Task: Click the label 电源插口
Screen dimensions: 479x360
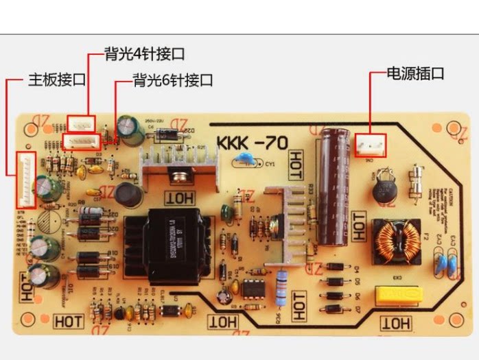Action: coord(415,73)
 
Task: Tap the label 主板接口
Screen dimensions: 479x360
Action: coord(57,80)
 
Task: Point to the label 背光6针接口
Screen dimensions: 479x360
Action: coord(173,80)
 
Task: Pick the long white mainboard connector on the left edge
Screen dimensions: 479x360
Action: coord(25,180)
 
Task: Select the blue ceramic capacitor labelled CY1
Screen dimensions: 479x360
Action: coord(244,162)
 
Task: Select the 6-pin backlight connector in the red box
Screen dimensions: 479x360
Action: coord(82,142)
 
